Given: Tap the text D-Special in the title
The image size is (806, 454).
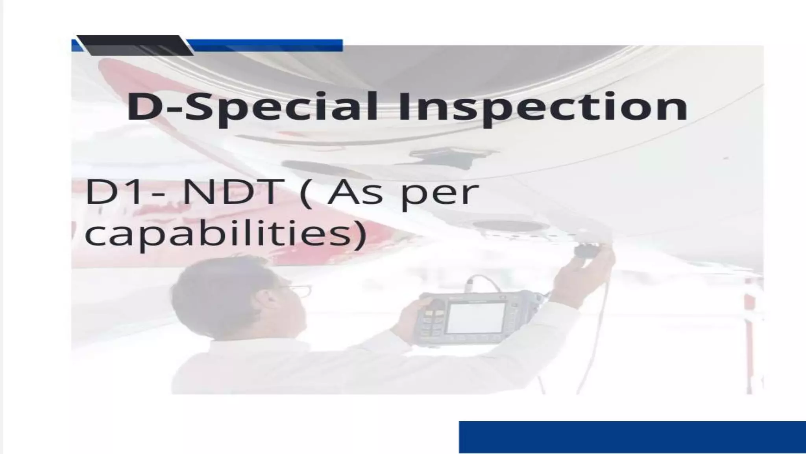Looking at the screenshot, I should click(252, 107).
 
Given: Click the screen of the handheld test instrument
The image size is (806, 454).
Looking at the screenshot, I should click(476, 317).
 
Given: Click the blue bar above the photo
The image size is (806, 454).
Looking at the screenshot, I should click(268, 45).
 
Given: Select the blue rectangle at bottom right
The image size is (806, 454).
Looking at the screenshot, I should click(632, 437).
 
